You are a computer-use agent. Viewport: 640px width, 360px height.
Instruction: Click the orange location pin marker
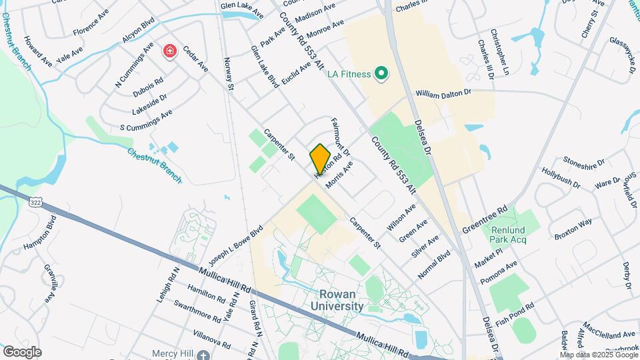coord(320,159)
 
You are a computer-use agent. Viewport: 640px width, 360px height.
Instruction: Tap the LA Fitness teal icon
coord(381,73)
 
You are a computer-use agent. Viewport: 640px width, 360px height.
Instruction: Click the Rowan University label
coord(337,300)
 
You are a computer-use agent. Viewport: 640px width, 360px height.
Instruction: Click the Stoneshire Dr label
coord(583,161)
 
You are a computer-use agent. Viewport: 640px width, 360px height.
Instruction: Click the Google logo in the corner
coord(22,351)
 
